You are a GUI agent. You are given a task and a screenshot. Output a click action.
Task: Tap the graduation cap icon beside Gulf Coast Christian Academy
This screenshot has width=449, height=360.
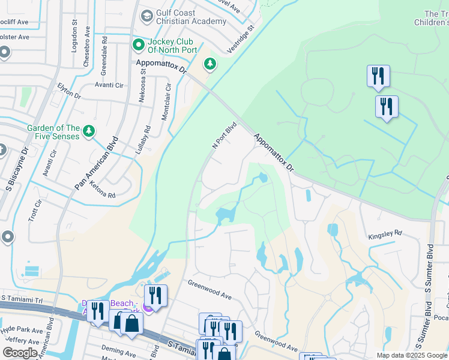[x=146, y=16]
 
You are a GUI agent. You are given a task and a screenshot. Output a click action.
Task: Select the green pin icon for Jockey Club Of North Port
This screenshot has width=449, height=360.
[x=138, y=44]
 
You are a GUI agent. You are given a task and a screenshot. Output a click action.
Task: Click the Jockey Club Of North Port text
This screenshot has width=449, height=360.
[x=172, y=45]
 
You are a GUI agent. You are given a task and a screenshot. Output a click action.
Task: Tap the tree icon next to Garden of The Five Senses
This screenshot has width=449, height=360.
[x=89, y=131]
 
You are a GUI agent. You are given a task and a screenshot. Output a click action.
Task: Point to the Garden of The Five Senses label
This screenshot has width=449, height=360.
[x=53, y=132]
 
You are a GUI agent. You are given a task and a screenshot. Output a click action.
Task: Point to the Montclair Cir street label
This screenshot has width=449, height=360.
[x=167, y=102]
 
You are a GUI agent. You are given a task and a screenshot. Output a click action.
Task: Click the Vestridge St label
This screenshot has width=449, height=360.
[x=240, y=40]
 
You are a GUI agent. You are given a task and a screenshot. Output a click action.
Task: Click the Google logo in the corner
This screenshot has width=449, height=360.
[x=19, y=352]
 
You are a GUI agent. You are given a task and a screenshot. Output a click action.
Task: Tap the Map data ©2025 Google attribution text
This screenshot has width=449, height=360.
[x=411, y=355]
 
